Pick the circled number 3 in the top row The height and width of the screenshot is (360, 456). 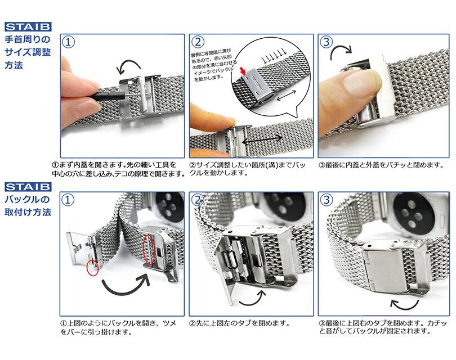tap(327, 43)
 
